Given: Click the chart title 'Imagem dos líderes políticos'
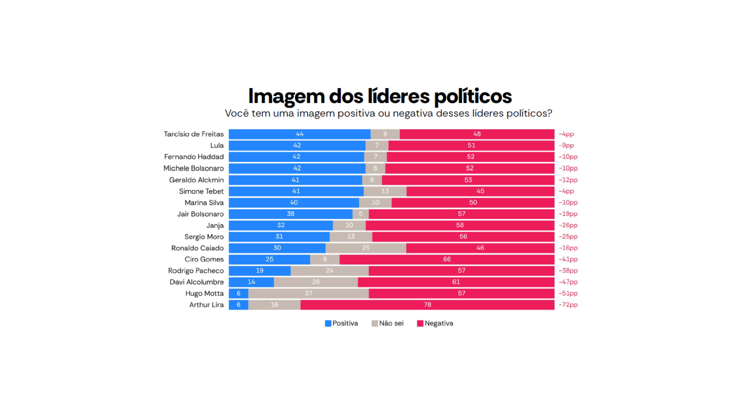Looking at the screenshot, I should (x=380, y=96).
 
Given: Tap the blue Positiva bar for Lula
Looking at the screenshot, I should (x=297, y=146).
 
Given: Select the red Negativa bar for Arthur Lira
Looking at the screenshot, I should (x=427, y=305).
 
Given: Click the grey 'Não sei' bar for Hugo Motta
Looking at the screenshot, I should (x=308, y=293).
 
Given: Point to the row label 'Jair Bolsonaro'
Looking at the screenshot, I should (x=200, y=214).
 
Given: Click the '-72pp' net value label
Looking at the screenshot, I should (x=568, y=305).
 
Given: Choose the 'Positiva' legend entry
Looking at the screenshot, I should (x=342, y=324).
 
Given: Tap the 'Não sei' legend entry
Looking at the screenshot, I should (x=387, y=324).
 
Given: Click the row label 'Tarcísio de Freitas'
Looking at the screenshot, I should (x=194, y=134).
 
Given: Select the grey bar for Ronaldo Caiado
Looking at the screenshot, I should (x=365, y=248).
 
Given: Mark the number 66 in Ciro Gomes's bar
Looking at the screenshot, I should (x=447, y=259).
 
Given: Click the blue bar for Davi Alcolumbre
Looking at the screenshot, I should (x=251, y=282).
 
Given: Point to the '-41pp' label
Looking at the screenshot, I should (x=568, y=259).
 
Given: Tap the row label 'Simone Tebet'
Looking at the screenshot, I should (x=201, y=191).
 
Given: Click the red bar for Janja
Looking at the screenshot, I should (x=460, y=225).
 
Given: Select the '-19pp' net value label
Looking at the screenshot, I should (x=568, y=214).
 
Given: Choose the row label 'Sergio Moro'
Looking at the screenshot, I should (x=204, y=237).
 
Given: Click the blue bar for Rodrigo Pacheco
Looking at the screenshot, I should (x=259, y=271).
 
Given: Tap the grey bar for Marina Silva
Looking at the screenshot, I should (x=375, y=203).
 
